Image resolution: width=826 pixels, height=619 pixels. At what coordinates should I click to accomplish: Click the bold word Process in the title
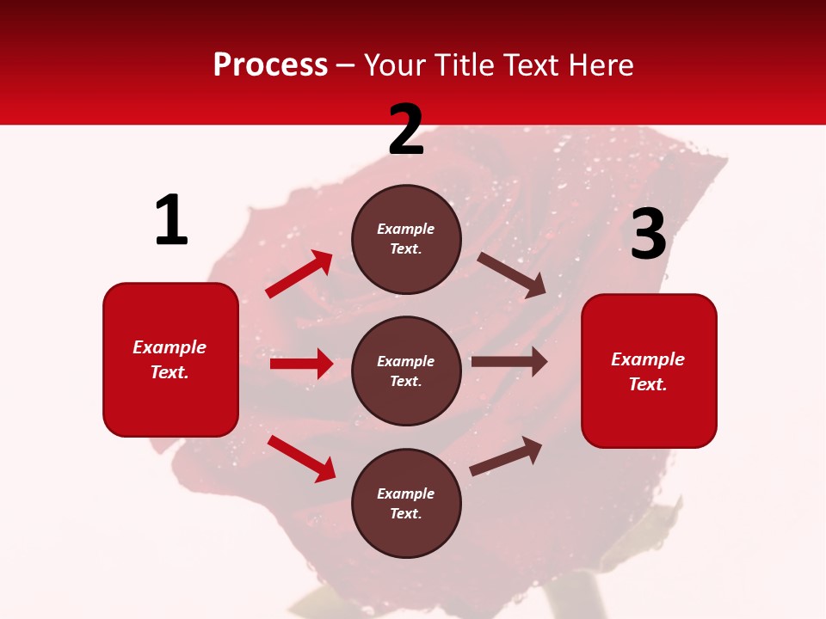tap(270, 65)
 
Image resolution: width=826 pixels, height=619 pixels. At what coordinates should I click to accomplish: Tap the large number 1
tap(171, 220)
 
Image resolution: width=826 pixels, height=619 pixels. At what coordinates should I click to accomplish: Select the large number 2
tap(406, 130)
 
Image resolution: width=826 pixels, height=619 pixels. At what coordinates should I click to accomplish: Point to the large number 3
tap(648, 235)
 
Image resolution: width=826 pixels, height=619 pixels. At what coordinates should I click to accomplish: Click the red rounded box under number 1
tap(170, 359)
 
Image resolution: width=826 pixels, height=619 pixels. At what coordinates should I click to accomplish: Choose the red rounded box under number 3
tap(649, 371)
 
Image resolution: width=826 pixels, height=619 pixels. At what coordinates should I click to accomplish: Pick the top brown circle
tap(406, 239)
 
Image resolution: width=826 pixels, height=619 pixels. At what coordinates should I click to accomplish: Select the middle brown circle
tap(406, 371)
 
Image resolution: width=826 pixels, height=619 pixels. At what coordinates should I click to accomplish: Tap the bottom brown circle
tap(406, 503)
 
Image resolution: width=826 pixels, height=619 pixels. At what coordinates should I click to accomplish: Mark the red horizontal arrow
tap(301, 364)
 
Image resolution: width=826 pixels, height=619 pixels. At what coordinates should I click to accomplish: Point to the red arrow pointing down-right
tap(301, 458)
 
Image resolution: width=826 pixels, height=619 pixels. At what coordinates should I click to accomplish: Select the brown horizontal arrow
tap(509, 362)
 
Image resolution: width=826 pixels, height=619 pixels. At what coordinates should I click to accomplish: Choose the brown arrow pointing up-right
tap(506, 456)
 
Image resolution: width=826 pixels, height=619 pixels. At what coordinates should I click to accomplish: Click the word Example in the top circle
tap(406, 229)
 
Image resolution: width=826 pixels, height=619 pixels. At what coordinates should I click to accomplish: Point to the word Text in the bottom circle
tap(404, 513)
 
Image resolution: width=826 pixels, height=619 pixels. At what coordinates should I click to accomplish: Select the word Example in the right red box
tap(648, 359)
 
